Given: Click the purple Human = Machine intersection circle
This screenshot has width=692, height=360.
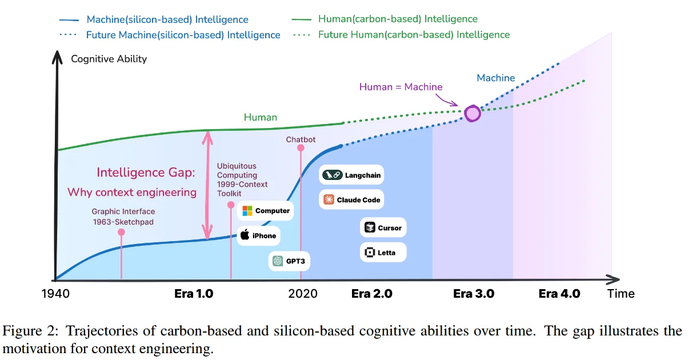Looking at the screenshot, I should coord(473,113).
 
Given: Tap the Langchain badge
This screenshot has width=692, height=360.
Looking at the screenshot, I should coord(351,175).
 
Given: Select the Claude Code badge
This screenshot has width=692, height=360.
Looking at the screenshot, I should coord(351,200).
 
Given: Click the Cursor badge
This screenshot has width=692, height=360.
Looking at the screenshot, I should coord(383,227).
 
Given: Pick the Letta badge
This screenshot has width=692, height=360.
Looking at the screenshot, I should coord(383,253).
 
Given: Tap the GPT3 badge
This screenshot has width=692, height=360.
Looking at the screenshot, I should coord(286,261).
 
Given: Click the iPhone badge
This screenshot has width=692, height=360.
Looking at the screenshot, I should coord(258,235).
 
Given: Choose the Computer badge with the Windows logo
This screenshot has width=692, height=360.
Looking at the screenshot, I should coord(266,211).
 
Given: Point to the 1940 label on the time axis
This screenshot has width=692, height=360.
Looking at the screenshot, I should coord(55,294).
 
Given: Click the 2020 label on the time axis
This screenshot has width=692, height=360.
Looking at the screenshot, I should coord(303,294).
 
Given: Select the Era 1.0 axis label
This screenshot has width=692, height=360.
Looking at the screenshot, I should coord(193,294).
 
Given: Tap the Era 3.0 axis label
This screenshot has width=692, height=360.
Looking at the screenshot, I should coord(473,294).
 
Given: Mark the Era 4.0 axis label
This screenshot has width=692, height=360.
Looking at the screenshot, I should coord(559,294).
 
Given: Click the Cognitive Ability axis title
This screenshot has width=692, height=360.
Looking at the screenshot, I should coord(109,59).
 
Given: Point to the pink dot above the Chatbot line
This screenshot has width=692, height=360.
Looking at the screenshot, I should coord(301,148).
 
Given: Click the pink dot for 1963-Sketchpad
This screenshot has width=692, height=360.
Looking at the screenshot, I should coord(121,232).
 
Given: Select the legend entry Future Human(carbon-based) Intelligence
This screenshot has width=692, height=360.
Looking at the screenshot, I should coord(414,35).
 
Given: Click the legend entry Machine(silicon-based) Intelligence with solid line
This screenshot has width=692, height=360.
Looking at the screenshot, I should coord(167,19).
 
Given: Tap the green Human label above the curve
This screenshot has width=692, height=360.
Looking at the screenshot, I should coord(260,118).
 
